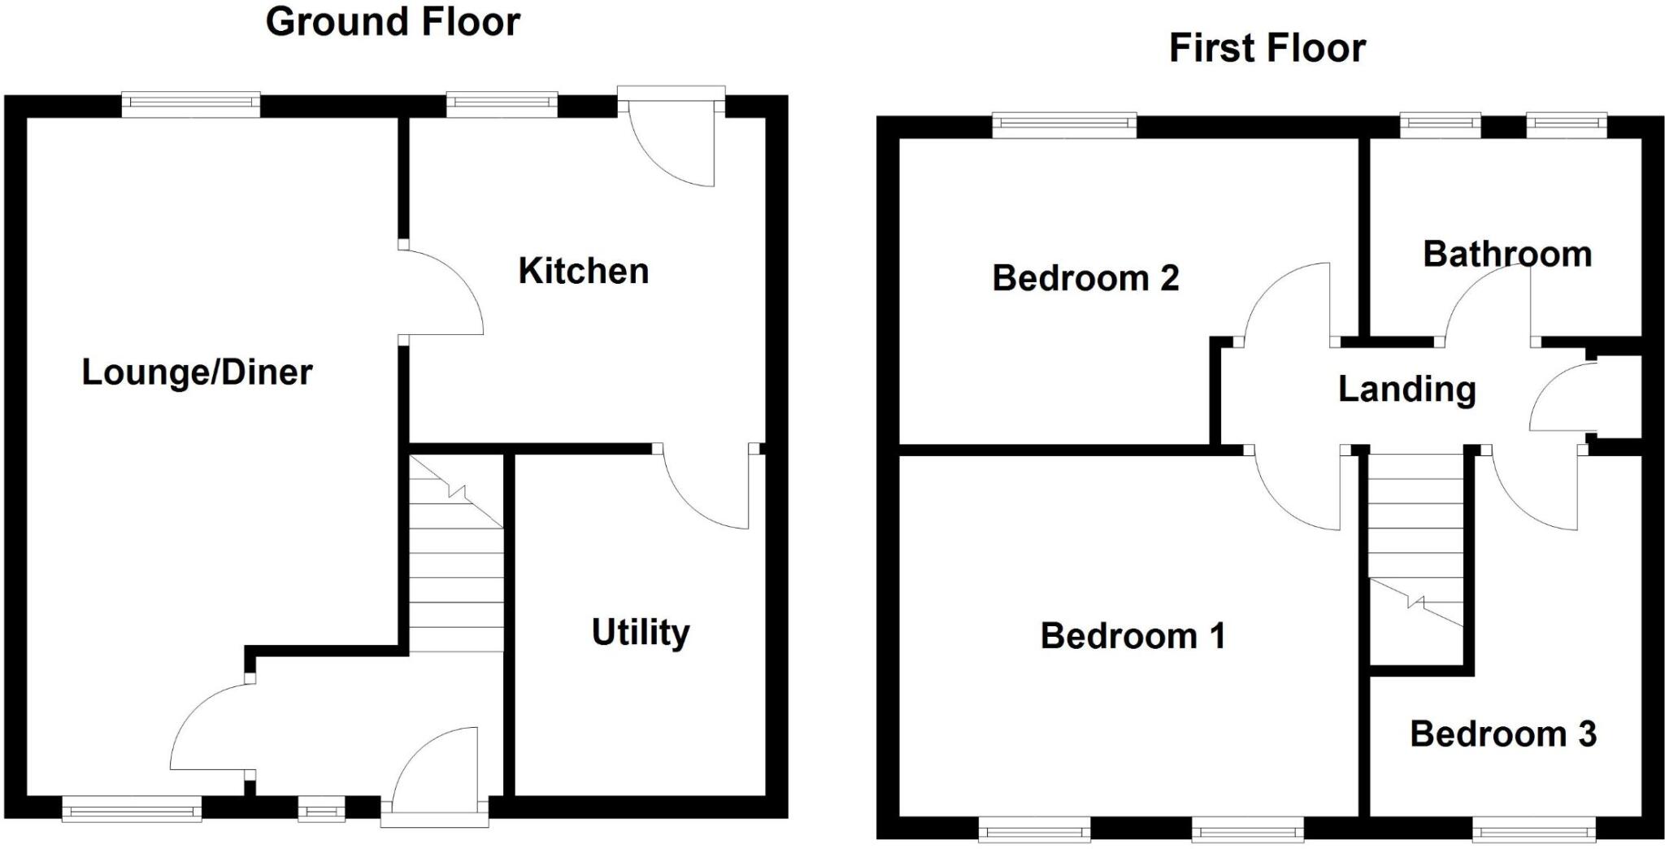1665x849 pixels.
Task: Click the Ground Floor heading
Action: tap(393, 22)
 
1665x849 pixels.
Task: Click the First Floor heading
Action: tap(1267, 48)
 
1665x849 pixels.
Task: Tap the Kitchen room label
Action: tap(584, 271)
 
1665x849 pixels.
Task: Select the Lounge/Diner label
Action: tap(197, 372)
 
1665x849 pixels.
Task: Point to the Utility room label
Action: tap(641, 633)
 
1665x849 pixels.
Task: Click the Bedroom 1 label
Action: tap(1132, 636)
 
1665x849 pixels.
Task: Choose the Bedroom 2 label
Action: tap(1085, 278)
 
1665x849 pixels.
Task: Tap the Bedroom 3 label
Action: tap(1503, 734)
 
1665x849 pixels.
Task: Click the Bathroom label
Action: tap(1506, 255)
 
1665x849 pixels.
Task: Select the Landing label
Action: tap(1406, 390)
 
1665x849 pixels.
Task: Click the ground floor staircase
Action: tap(455, 553)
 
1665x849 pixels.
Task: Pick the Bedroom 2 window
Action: tap(1064, 125)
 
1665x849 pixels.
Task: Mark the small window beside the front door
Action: tap(321, 810)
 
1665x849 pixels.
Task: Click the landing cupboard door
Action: tap(1557, 398)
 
